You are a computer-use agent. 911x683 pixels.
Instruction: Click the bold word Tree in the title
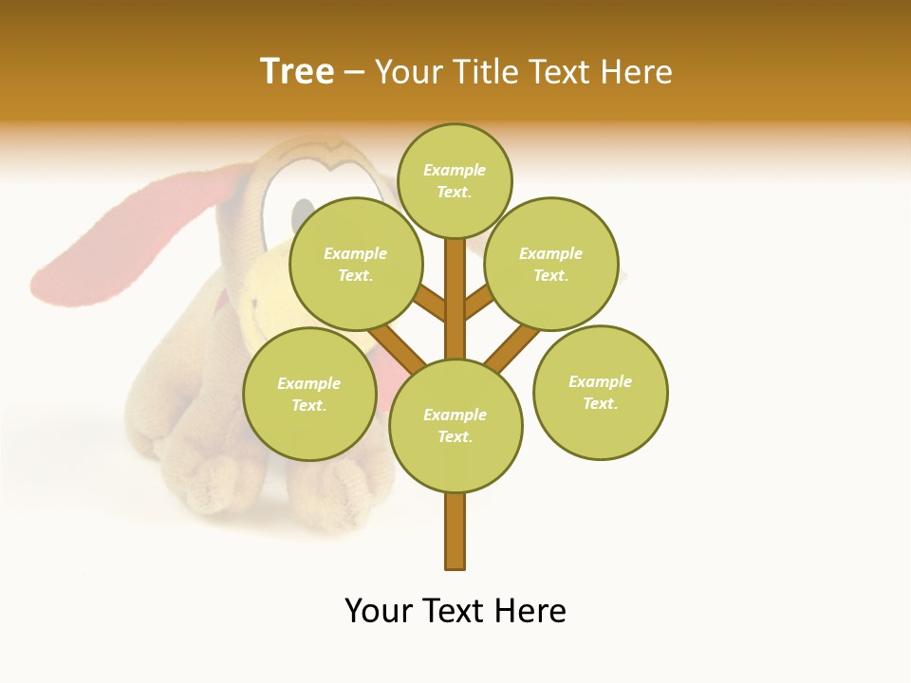click(297, 72)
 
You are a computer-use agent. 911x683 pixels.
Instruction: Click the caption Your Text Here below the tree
click(455, 611)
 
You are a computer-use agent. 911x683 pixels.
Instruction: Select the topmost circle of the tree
click(455, 180)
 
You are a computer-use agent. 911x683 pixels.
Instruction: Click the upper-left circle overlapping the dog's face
click(356, 264)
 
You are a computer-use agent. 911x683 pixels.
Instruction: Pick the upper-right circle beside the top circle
click(551, 264)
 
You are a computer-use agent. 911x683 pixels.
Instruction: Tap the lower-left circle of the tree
click(309, 394)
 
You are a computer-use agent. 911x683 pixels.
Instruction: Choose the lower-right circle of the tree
click(601, 392)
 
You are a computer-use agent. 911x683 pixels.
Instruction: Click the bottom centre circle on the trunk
click(455, 426)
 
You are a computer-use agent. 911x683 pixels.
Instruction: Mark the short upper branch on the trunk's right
click(477, 304)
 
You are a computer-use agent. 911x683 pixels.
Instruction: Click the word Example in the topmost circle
click(455, 170)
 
